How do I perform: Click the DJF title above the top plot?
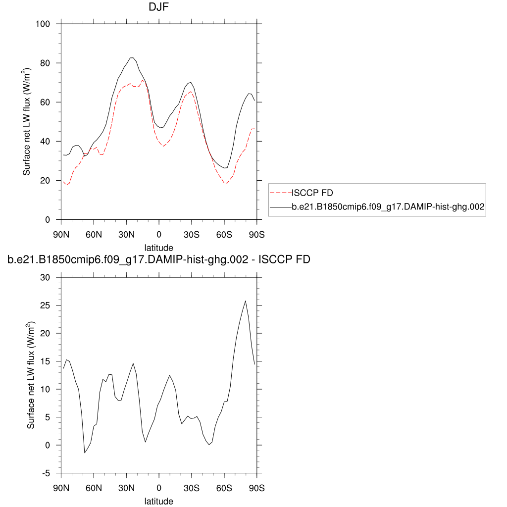pyautogui.click(x=158, y=7)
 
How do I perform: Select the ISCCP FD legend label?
pyautogui.click(x=312, y=193)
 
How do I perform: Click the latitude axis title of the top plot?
pyautogui.click(x=158, y=247)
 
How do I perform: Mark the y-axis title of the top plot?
pyautogui.click(x=28, y=122)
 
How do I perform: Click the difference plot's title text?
pyautogui.click(x=158, y=259)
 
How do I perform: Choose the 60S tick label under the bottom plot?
pyautogui.click(x=224, y=488)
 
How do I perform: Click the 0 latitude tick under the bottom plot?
pyautogui.click(x=159, y=488)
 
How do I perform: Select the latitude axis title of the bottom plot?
pyautogui.click(x=158, y=501)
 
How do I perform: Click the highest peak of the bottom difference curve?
pyautogui.click(x=245, y=301)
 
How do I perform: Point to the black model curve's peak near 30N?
pyautogui.click(x=132, y=57)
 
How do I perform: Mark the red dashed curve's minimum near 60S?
pyautogui.click(x=226, y=184)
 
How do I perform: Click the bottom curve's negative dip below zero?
pyautogui.click(x=85, y=453)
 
